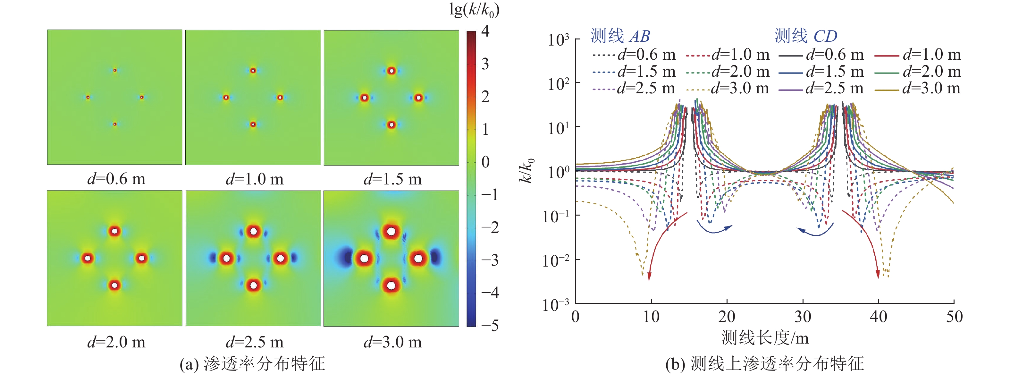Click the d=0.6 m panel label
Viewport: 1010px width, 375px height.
[x=116, y=179]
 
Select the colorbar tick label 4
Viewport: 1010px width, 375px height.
[x=485, y=31]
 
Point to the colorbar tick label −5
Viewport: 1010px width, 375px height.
[x=489, y=326]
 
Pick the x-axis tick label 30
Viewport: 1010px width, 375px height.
[x=803, y=317]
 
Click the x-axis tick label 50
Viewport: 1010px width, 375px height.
[x=954, y=317]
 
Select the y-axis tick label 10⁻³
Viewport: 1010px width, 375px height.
[x=556, y=305]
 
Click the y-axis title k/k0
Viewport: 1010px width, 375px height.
[x=526, y=171]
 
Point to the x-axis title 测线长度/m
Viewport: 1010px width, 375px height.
[x=765, y=338]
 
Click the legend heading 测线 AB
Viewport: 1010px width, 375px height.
[x=620, y=36]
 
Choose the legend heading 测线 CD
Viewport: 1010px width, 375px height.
[x=806, y=36]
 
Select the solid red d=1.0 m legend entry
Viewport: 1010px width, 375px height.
[x=917, y=55]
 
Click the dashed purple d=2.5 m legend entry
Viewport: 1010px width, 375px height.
[x=634, y=89]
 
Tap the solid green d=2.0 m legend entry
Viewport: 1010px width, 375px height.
[x=917, y=72]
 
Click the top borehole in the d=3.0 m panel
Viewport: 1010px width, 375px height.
[x=391, y=231]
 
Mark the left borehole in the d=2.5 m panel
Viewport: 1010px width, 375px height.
[x=226, y=259]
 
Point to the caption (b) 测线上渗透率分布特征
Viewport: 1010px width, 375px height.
[x=765, y=364]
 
